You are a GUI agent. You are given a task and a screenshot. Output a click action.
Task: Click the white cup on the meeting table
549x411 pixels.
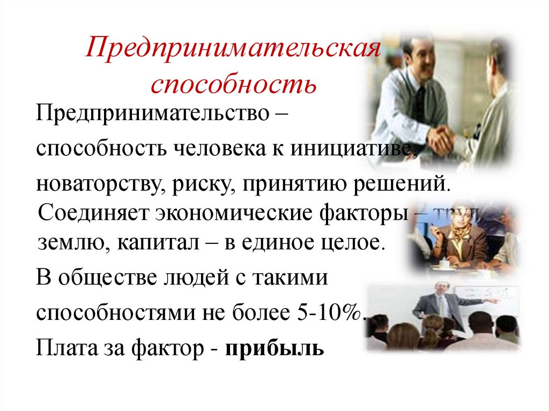[x=444, y=264]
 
